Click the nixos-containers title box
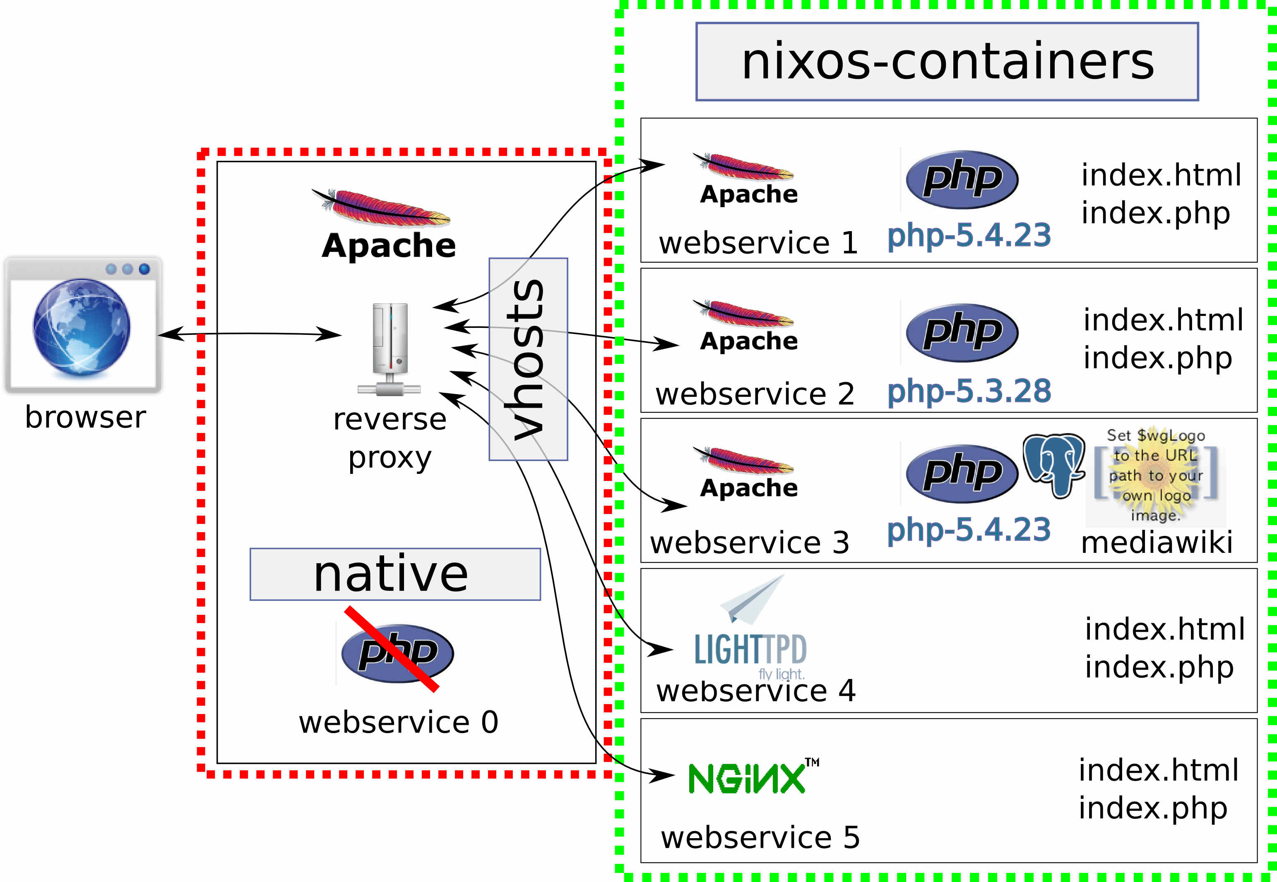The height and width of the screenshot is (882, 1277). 946,61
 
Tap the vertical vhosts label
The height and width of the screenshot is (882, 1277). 528,359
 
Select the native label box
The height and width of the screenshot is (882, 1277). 395,574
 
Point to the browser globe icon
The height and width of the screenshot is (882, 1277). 82,327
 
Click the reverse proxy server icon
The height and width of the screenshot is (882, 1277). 390,348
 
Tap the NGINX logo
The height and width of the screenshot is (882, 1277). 752,777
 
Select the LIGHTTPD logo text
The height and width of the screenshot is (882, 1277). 750,650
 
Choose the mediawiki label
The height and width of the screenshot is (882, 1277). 1157,543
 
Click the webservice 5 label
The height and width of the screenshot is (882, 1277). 760,837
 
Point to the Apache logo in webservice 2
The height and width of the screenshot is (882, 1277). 747,326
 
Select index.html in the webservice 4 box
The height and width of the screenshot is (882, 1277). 1164,629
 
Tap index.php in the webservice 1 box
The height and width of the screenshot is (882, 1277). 1155,213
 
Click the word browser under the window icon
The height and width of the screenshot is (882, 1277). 85,417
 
